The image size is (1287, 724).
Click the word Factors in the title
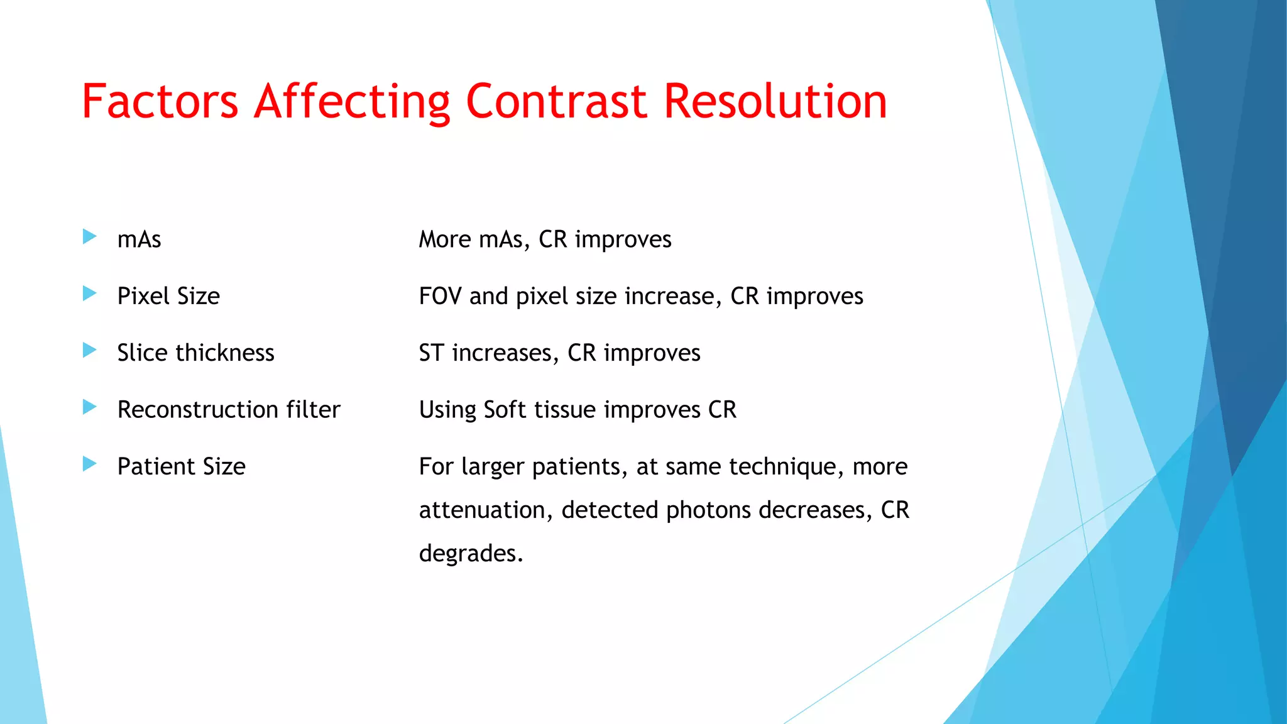[x=160, y=102]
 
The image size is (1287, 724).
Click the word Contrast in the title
[x=556, y=102]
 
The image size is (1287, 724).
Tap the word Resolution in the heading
[x=775, y=102]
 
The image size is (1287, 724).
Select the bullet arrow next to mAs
[x=90, y=237]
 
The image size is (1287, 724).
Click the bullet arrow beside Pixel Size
[x=90, y=293]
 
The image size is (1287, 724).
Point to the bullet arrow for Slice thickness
[x=90, y=350]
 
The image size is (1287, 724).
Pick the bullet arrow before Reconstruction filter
[x=90, y=407]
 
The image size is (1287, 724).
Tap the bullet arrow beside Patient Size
[x=90, y=464]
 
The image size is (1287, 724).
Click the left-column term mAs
[x=139, y=239]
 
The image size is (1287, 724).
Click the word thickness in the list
[x=225, y=353]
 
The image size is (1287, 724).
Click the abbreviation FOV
[x=440, y=296]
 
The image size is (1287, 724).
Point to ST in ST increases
[x=431, y=353]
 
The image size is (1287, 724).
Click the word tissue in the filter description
[x=565, y=410]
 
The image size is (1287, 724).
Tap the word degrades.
[x=470, y=554]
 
